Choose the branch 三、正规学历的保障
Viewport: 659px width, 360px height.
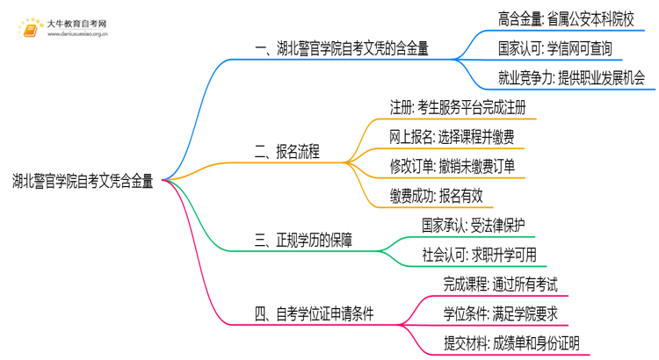click(x=302, y=240)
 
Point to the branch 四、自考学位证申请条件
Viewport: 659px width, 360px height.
click(x=312, y=313)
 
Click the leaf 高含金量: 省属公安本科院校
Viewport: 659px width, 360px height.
click(x=571, y=18)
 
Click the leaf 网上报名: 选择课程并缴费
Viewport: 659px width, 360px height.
click(x=452, y=137)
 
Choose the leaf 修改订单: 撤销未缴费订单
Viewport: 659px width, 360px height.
click(x=452, y=166)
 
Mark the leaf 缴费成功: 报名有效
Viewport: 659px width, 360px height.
click(x=437, y=195)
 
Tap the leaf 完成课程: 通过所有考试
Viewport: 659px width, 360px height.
click(x=500, y=284)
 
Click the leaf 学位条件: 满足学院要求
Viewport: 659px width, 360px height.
click(x=500, y=313)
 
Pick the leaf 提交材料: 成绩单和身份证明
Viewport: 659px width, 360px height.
click(x=511, y=342)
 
